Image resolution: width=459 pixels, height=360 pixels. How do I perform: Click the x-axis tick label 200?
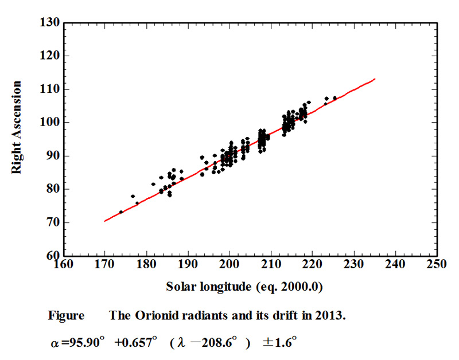click(x=229, y=265)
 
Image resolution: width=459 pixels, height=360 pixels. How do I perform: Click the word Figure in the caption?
click(x=66, y=315)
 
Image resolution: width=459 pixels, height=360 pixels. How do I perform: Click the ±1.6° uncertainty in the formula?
click(x=279, y=343)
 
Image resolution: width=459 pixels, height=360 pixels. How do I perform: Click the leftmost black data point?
click(x=121, y=212)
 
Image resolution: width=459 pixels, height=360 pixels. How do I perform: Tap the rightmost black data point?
click(x=335, y=98)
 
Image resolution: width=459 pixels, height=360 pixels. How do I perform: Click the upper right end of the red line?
click(x=375, y=79)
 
